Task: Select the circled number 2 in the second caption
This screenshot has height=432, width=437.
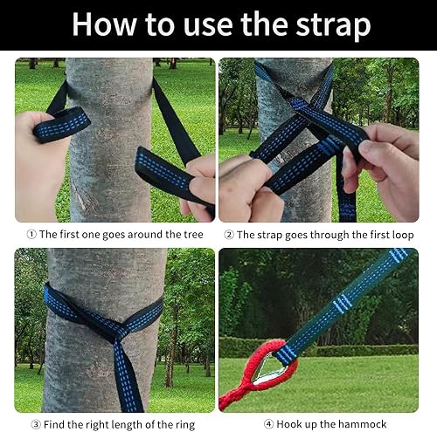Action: pyautogui.click(x=229, y=235)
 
